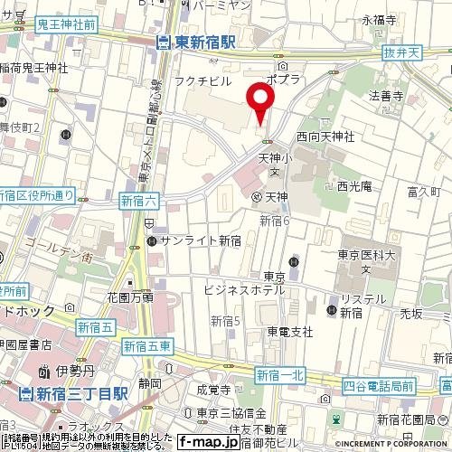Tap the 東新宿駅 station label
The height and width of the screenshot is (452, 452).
tap(196, 41)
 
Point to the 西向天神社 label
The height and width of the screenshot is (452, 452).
tap(325, 137)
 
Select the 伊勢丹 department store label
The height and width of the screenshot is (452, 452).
tap(64, 371)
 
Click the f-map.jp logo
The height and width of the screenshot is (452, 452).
tap(208, 442)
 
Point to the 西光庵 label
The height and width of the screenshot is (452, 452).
tap(354, 187)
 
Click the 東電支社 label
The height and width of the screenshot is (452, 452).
tap(289, 332)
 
